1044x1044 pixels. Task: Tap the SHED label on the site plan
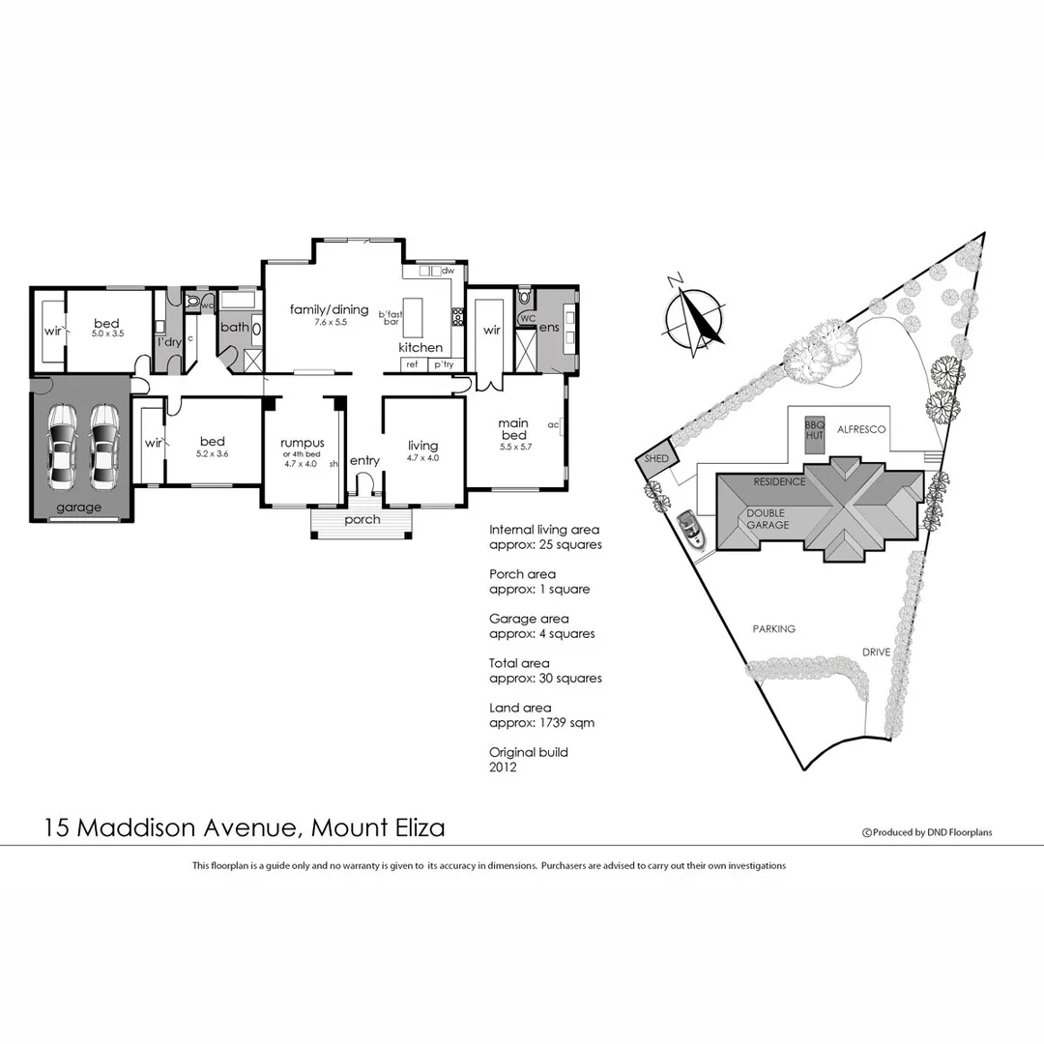(x=656, y=459)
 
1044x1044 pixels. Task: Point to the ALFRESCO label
(x=861, y=428)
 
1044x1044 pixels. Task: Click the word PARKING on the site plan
(x=773, y=629)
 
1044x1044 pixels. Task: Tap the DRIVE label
(x=876, y=652)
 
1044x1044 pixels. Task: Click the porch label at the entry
(x=362, y=520)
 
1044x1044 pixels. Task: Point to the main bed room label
(x=512, y=423)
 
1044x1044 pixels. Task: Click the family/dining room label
(x=330, y=309)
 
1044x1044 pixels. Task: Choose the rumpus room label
(x=301, y=443)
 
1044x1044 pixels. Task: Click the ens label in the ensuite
(x=549, y=329)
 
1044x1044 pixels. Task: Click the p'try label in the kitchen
(x=444, y=364)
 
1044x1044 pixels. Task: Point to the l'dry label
(x=170, y=341)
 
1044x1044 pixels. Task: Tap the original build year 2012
(x=503, y=768)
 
